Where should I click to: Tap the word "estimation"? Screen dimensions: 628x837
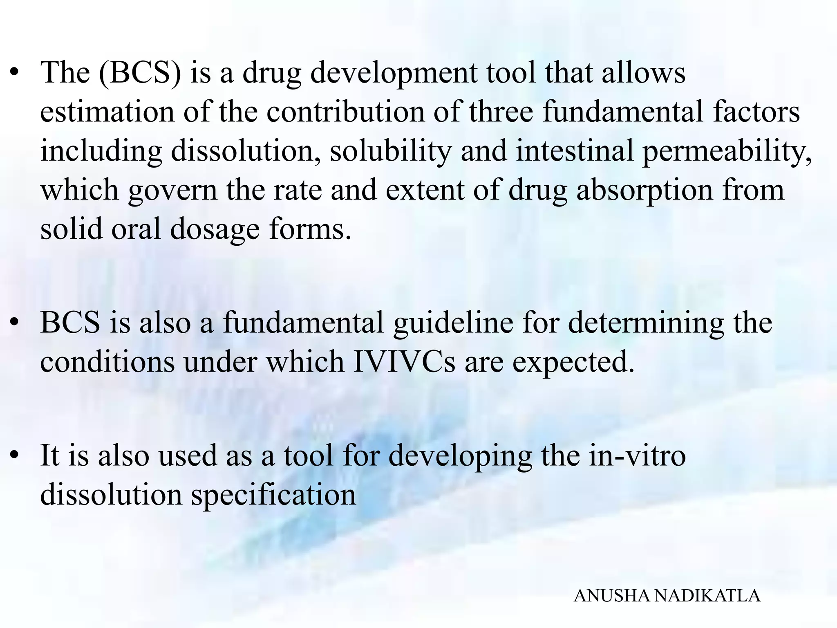pos(107,112)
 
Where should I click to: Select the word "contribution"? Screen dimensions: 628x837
pos(346,112)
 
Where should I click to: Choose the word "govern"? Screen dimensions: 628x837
pos(172,191)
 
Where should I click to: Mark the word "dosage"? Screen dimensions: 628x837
pos(215,229)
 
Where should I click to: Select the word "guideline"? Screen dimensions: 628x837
pos(453,323)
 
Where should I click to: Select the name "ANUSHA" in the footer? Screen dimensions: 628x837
pos(611,596)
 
